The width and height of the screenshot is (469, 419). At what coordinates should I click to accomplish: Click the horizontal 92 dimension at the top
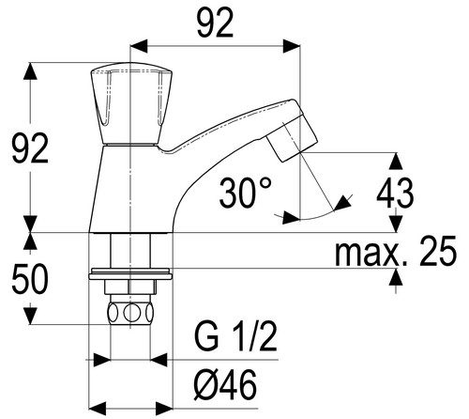(x=216, y=23)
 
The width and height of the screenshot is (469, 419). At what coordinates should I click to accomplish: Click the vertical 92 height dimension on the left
(x=30, y=147)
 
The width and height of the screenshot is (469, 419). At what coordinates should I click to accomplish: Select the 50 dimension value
(x=30, y=278)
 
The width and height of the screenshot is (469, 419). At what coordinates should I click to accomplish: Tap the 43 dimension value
(x=395, y=193)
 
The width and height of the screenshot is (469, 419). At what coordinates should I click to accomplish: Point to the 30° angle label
(x=246, y=193)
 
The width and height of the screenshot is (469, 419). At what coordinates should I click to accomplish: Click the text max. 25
(x=396, y=251)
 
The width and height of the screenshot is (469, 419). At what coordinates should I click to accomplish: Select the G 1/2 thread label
(x=236, y=338)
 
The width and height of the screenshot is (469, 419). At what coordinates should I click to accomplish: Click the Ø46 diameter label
(x=225, y=384)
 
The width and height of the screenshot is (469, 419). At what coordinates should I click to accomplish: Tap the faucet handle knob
(x=131, y=104)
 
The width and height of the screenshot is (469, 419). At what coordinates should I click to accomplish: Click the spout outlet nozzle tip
(x=292, y=138)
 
